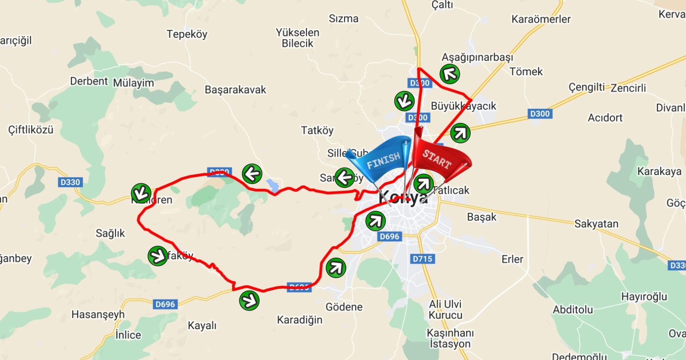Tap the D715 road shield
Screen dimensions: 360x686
pyautogui.click(x=423, y=259)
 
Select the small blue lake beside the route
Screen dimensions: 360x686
pyautogui.click(x=272, y=185)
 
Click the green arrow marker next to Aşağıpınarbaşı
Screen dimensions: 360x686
pyautogui.click(x=450, y=74)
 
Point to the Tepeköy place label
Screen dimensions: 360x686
pyautogui.click(x=187, y=34)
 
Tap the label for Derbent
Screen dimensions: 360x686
pyautogui.click(x=89, y=81)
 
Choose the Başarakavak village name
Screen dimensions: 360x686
pyautogui.click(x=235, y=90)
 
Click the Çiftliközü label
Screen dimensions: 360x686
pyautogui.click(x=31, y=130)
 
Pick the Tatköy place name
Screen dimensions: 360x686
pyautogui.click(x=317, y=130)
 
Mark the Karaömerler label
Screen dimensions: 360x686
pyautogui.click(x=541, y=19)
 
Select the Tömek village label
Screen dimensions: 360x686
pyautogui.click(x=526, y=72)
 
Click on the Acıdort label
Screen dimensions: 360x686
pyautogui.click(x=605, y=118)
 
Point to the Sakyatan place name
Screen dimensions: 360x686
pyautogui.click(x=596, y=224)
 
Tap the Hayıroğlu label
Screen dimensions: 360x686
pyautogui.click(x=644, y=296)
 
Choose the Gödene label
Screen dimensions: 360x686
pyautogui.click(x=344, y=307)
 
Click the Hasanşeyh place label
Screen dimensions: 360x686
pyautogui.click(x=98, y=315)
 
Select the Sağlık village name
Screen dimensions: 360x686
pyautogui.click(x=110, y=233)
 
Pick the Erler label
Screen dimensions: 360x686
pyautogui.click(x=513, y=259)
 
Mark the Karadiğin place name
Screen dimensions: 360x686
pyautogui.click(x=299, y=320)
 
